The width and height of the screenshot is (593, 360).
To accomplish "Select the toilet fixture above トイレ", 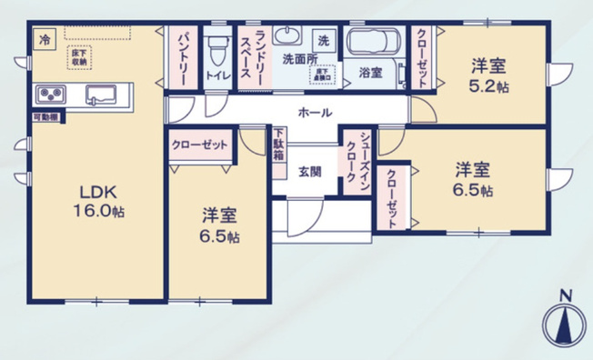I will (216, 45).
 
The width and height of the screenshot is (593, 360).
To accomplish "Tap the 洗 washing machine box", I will (323, 40).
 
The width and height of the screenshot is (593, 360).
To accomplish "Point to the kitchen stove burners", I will (50, 94).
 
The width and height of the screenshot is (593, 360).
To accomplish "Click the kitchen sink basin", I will (98, 94).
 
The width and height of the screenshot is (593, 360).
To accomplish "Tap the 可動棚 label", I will (45, 116).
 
